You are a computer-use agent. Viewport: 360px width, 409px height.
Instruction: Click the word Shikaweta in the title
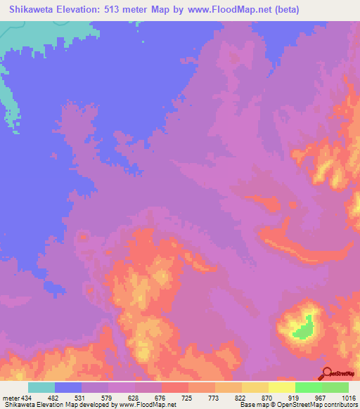(x=30, y=10)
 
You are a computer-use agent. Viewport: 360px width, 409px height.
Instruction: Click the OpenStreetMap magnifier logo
(x=326, y=372)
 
